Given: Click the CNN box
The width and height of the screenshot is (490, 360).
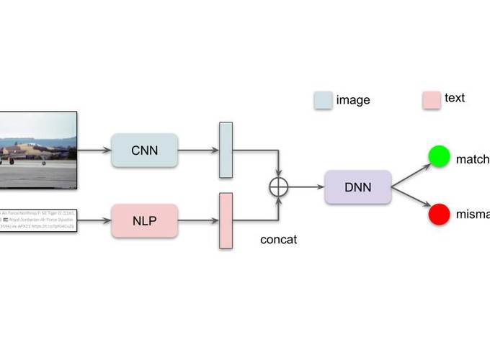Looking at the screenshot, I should [x=144, y=150].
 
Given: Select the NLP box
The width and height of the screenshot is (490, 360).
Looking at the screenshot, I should [x=144, y=220].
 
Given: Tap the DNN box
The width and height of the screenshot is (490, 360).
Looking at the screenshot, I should [x=357, y=187].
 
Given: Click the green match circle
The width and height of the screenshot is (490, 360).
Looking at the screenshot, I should [x=439, y=156].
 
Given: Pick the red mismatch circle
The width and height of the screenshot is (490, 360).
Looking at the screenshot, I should [x=439, y=214].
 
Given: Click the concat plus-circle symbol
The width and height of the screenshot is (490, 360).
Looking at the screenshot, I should [x=278, y=186].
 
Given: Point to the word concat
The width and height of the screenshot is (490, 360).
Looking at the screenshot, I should [x=278, y=240].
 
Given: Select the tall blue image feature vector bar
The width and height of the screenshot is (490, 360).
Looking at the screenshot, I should [x=226, y=150].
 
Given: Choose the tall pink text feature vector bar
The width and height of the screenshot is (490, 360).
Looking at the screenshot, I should [x=226, y=220].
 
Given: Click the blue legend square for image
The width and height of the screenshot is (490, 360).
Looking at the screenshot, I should [x=323, y=99].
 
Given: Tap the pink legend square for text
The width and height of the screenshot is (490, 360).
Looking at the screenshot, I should [x=431, y=99].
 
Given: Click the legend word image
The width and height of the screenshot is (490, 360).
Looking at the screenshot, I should [x=353, y=100].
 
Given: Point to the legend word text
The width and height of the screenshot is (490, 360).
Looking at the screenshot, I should [x=455, y=98].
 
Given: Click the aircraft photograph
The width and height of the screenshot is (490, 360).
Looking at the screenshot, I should [x=37, y=150].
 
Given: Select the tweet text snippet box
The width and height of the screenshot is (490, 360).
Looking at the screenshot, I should [x=37, y=220].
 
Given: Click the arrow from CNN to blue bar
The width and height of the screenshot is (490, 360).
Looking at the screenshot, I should [x=197, y=150].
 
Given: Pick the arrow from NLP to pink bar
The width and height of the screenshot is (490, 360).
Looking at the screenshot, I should [x=197, y=220].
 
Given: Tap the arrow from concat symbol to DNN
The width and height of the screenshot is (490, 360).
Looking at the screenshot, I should [x=306, y=186].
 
